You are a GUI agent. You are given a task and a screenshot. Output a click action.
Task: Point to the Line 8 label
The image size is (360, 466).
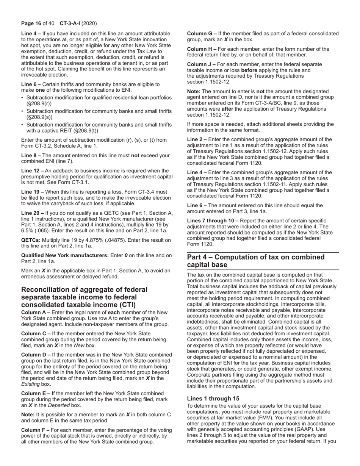30,155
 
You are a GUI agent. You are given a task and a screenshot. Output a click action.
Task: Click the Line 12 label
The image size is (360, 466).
32,171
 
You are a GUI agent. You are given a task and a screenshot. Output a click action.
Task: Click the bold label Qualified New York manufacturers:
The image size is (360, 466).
64,255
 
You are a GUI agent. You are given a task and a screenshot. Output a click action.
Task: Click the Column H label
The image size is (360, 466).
201,49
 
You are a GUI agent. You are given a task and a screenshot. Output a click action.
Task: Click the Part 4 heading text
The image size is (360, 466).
256,261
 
